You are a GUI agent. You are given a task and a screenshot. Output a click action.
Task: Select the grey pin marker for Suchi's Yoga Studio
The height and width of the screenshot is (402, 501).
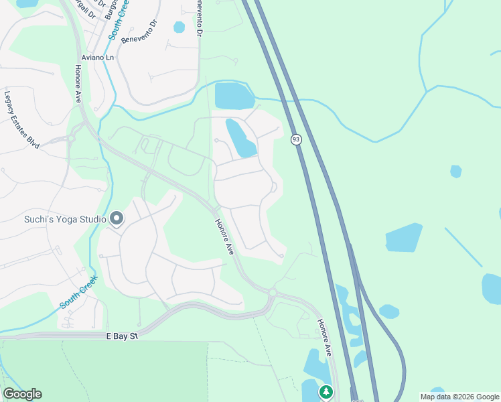(x=117, y=218)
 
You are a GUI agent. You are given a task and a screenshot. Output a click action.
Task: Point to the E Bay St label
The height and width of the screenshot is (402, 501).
(x=121, y=336)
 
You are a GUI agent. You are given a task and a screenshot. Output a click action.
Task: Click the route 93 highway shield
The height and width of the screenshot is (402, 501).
(x=296, y=139)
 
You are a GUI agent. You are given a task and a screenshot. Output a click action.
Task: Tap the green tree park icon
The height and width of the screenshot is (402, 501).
(x=326, y=391)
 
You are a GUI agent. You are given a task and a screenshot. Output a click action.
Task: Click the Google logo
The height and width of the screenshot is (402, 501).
(x=22, y=394)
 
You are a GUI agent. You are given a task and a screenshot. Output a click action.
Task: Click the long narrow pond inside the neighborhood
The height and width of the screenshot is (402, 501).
(x=240, y=137)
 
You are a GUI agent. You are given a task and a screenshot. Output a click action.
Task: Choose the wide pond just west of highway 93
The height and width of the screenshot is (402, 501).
(x=234, y=96)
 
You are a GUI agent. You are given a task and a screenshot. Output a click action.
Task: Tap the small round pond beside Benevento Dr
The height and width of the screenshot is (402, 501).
(x=179, y=27)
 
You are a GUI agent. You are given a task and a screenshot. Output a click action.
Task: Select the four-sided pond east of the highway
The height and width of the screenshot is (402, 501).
(x=404, y=238)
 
